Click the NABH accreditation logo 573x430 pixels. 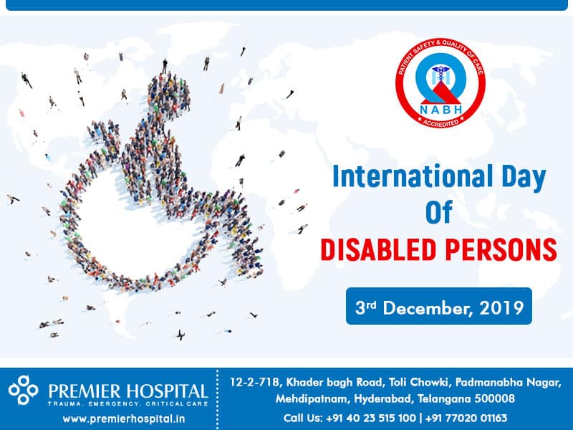440,83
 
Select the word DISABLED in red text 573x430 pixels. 379,249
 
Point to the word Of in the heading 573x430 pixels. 439,212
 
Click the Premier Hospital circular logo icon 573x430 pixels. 23,390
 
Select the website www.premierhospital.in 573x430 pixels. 124,419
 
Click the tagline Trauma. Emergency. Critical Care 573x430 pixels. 128,404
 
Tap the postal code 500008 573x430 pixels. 495,398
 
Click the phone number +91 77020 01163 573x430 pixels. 466,418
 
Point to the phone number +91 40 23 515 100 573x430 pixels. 371,418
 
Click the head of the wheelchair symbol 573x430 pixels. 169,93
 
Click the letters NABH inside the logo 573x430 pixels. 440,110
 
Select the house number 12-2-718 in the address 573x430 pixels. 255,383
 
